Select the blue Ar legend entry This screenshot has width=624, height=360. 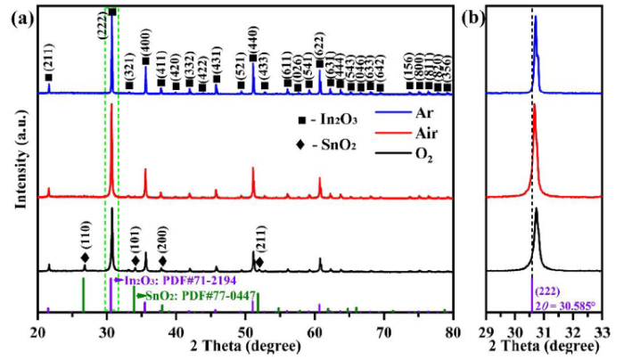tap(398, 115)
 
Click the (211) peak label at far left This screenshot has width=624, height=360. tap(48, 62)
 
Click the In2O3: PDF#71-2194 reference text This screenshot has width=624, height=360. tap(166, 281)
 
